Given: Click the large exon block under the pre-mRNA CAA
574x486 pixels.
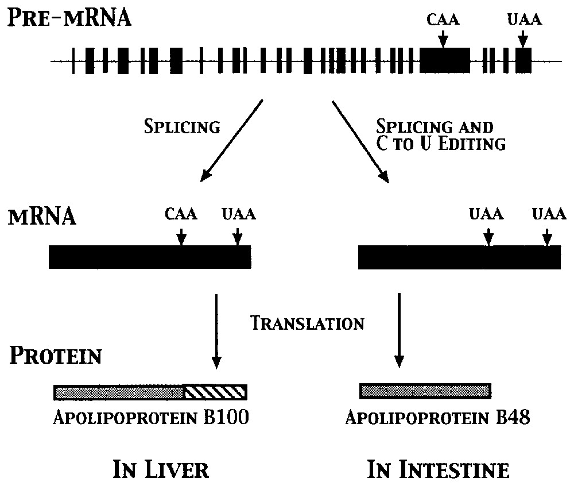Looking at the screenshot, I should (445, 60).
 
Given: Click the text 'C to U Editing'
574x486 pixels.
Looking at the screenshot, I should (440, 143).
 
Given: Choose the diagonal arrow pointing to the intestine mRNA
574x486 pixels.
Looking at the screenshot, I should (360, 141).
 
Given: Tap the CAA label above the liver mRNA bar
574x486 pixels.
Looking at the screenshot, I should (181, 214).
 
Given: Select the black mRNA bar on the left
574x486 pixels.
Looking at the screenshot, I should (150, 257).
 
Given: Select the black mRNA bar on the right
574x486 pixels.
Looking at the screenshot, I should (459, 257).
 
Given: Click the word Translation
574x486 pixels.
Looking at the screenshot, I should (308, 323).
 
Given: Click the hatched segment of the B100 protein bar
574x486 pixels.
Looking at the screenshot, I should (215, 392).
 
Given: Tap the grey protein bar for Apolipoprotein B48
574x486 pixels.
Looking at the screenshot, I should (425, 391).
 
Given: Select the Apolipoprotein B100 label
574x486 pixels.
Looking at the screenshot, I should (151, 418).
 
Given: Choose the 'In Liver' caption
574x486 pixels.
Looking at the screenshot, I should (161, 470).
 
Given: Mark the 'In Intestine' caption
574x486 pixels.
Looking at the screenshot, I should (438, 470).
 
